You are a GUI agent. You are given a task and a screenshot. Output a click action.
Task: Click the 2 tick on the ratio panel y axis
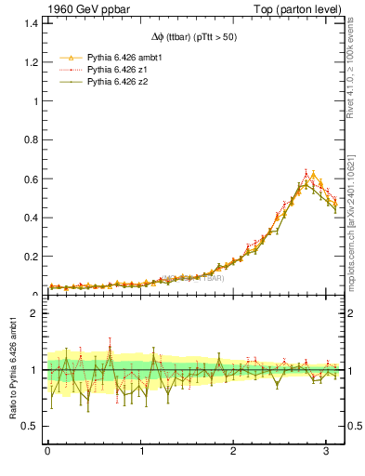(36, 313)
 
